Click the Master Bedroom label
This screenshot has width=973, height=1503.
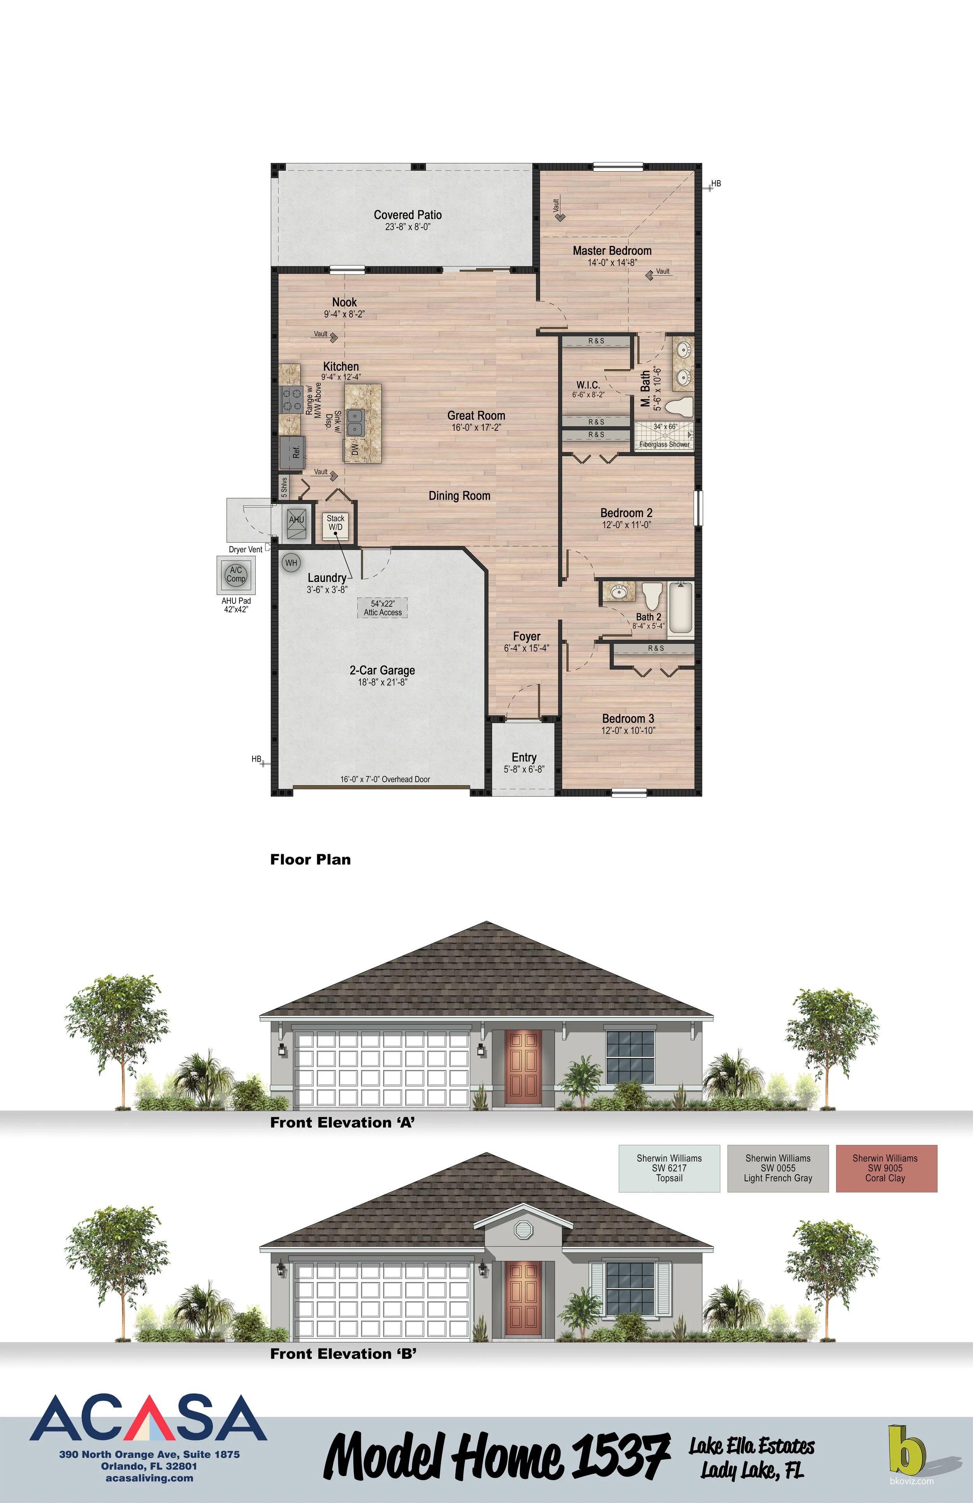pyautogui.click(x=611, y=251)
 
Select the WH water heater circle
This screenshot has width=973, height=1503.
pyautogui.click(x=291, y=563)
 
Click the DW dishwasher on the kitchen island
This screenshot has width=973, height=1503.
pyautogui.click(x=355, y=449)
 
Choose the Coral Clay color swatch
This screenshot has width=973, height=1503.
pyautogui.click(x=886, y=1169)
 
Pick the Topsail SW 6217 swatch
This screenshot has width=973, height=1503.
pyautogui.click(x=669, y=1169)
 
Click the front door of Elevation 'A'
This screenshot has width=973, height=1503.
pyautogui.click(x=523, y=1066)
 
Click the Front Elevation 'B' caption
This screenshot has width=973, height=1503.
pyautogui.click(x=343, y=1354)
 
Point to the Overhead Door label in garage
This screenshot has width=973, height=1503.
pyautogui.click(x=385, y=779)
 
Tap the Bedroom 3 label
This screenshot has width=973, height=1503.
pyautogui.click(x=628, y=719)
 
